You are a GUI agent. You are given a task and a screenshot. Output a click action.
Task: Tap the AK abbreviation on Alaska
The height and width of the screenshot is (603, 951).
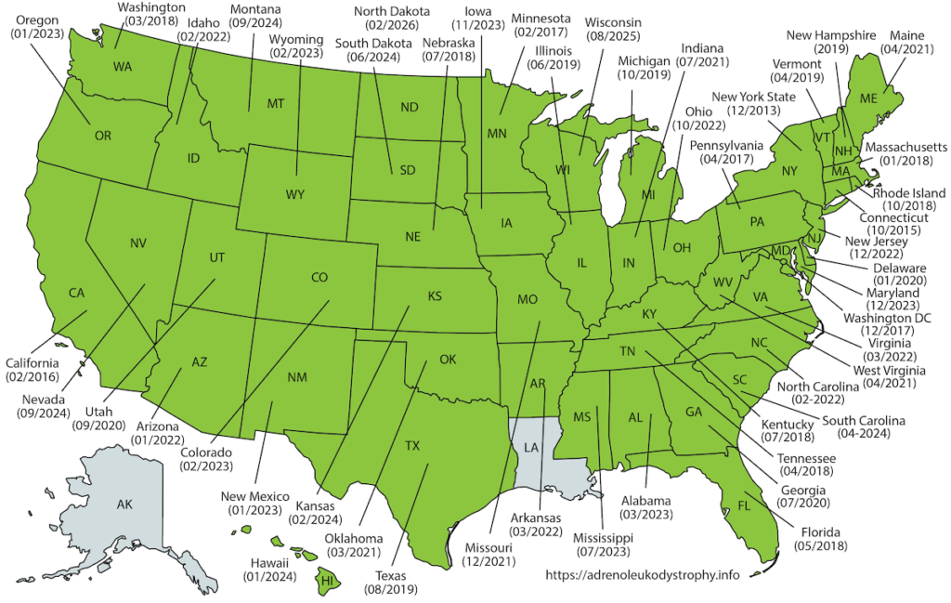click(124, 505)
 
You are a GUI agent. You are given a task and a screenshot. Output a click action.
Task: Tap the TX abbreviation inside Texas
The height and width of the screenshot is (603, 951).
click(412, 446)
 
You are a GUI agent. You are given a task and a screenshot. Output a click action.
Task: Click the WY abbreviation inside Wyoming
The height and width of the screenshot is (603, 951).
click(295, 195)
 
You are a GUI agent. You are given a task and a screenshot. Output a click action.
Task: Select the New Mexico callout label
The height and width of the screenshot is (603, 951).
click(256, 495)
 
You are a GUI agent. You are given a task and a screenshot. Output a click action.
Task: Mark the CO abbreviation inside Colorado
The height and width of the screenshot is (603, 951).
click(319, 277)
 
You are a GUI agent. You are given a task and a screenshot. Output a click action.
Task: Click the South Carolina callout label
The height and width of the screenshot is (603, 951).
click(863, 420)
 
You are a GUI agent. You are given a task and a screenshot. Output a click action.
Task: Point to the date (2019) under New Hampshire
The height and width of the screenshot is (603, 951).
click(833, 48)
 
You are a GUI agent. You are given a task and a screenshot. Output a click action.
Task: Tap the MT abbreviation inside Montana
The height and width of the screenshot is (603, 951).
click(275, 104)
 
